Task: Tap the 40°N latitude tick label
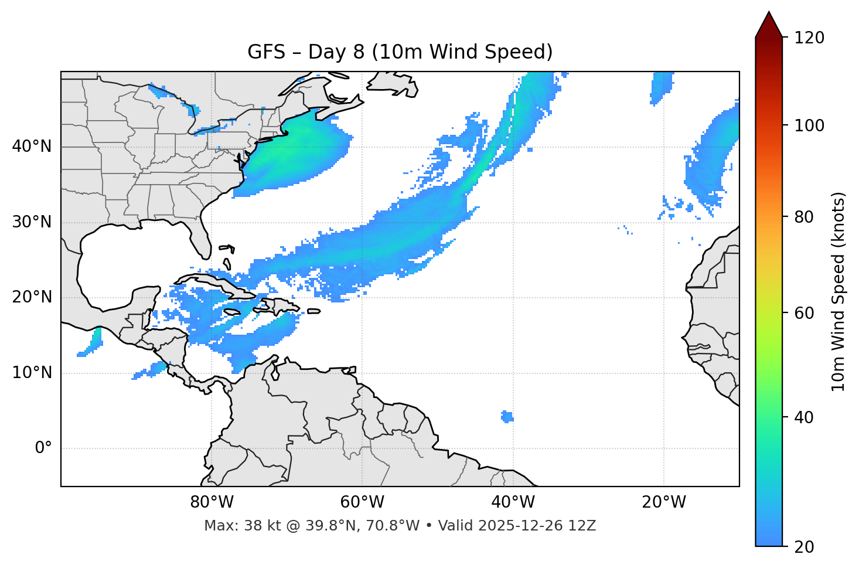pyautogui.click(x=32, y=147)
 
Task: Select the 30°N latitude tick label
pyautogui.click(x=32, y=222)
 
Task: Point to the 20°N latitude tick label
pyautogui.click(x=32, y=297)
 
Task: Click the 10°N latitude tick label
pyautogui.click(x=32, y=373)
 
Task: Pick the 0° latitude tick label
pyautogui.click(x=43, y=448)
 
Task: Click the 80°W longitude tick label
pyautogui.click(x=212, y=502)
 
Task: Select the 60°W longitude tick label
pyautogui.click(x=362, y=502)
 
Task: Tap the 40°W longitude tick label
pyautogui.click(x=513, y=502)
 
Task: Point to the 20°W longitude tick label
pyautogui.click(x=664, y=502)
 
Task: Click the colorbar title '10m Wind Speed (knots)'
pyautogui.click(x=838, y=291)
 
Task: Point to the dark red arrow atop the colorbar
pyautogui.click(x=769, y=25)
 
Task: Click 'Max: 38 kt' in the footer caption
pyautogui.click(x=229, y=526)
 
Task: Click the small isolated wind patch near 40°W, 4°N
pyautogui.click(x=507, y=417)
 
